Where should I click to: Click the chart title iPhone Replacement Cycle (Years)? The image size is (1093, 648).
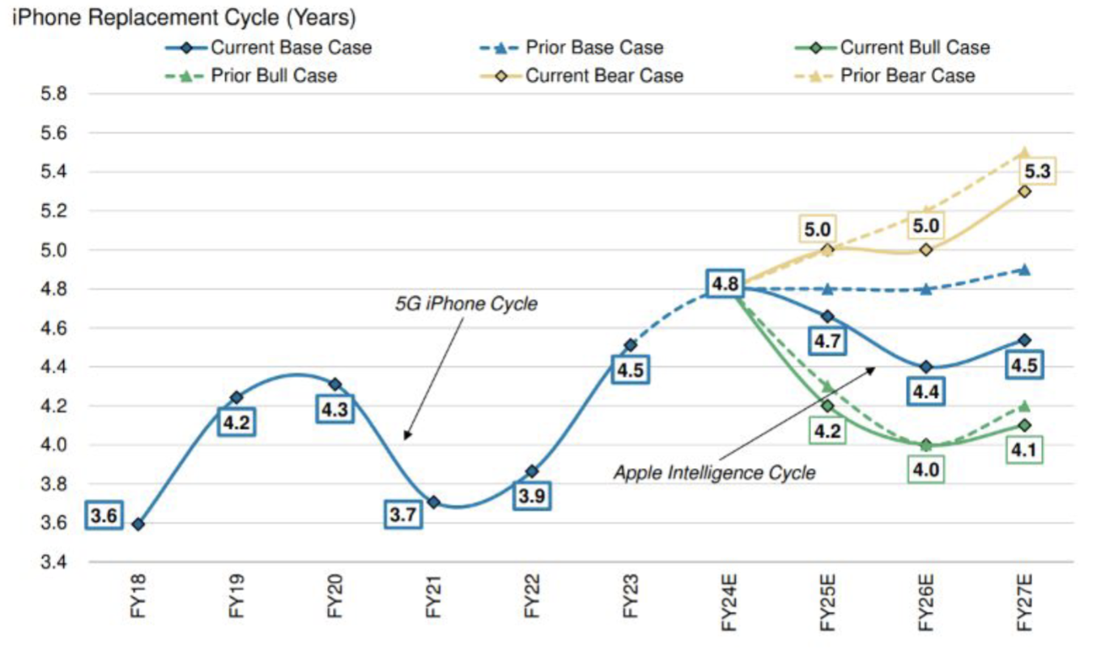(x=183, y=16)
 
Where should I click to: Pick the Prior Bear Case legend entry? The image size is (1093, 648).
(x=907, y=76)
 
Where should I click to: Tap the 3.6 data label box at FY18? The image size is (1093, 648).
(x=105, y=516)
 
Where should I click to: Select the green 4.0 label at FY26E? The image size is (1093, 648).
(x=926, y=469)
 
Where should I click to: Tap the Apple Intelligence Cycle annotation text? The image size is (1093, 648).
(x=714, y=472)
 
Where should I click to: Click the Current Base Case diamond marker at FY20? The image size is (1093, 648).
(x=335, y=384)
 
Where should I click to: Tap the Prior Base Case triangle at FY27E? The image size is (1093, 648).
(x=1025, y=270)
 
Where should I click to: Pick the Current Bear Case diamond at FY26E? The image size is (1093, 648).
(x=926, y=249)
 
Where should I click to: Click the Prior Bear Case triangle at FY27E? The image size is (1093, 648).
(x=1025, y=152)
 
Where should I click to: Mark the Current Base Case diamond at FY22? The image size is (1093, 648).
(x=532, y=471)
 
